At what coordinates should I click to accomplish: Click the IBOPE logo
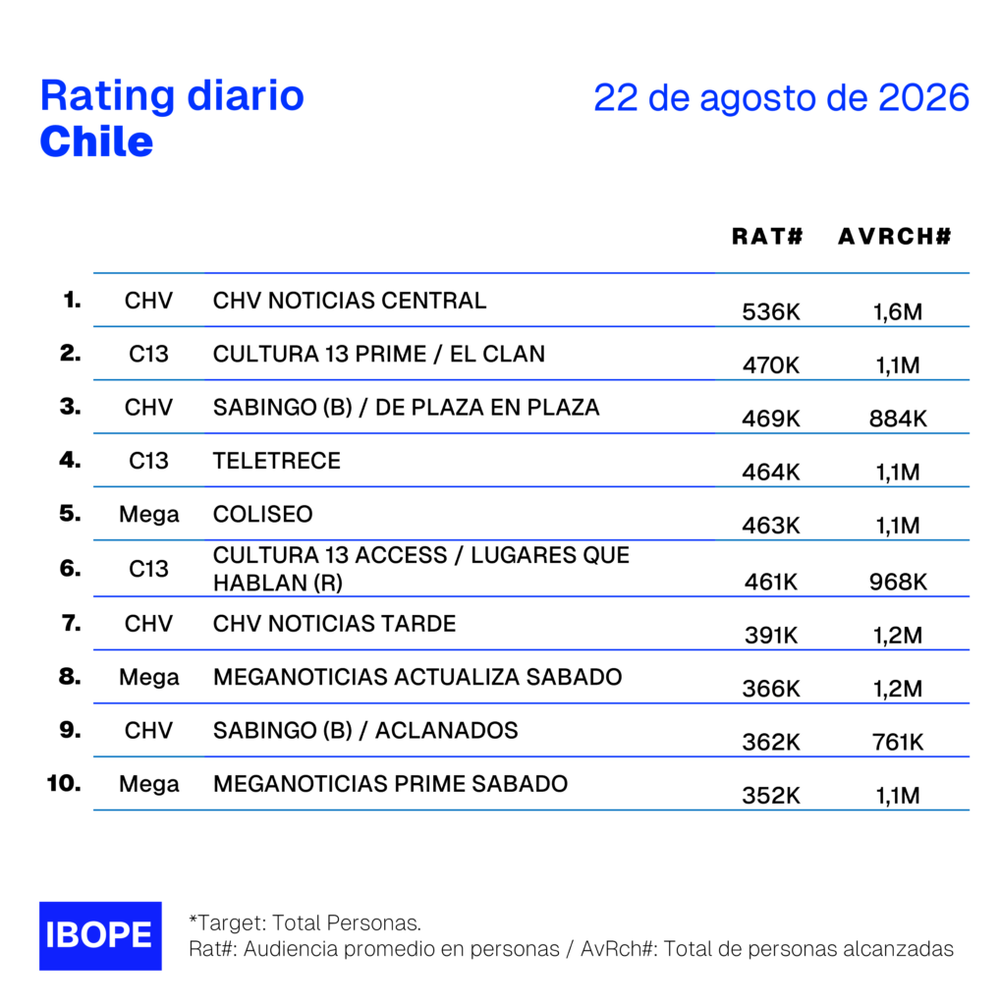click(x=100, y=935)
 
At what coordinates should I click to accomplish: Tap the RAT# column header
click(x=767, y=236)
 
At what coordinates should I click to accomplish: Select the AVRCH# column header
click(x=894, y=236)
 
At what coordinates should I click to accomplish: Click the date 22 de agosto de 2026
click(x=781, y=97)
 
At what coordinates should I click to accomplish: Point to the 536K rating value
click(x=771, y=311)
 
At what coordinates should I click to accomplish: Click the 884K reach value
click(x=898, y=419)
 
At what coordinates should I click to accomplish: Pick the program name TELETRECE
click(x=276, y=461)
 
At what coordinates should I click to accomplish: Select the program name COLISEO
click(x=263, y=514)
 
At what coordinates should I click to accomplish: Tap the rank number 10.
click(x=64, y=783)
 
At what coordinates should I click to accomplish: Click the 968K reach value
click(x=898, y=582)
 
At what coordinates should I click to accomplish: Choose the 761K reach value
click(x=898, y=743)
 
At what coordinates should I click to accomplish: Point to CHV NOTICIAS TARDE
click(x=334, y=624)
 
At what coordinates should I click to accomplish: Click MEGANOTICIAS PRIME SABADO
click(x=390, y=784)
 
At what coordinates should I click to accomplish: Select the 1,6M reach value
click(x=898, y=311)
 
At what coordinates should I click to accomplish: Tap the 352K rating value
click(x=771, y=796)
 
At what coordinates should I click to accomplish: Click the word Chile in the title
click(x=97, y=141)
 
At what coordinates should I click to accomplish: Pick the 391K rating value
click(x=771, y=636)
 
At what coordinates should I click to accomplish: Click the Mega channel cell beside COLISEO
click(x=148, y=515)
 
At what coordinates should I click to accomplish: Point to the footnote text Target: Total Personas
click(x=305, y=922)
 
